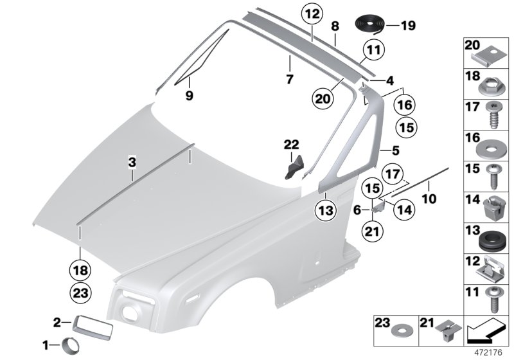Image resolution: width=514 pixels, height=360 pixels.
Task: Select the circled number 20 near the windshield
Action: tap(324, 98)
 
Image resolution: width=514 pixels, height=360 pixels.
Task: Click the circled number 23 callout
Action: tap(80, 293)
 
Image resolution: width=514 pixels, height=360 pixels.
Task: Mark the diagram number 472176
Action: tap(489, 352)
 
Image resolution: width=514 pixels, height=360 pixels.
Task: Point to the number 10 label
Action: tap(429, 199)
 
